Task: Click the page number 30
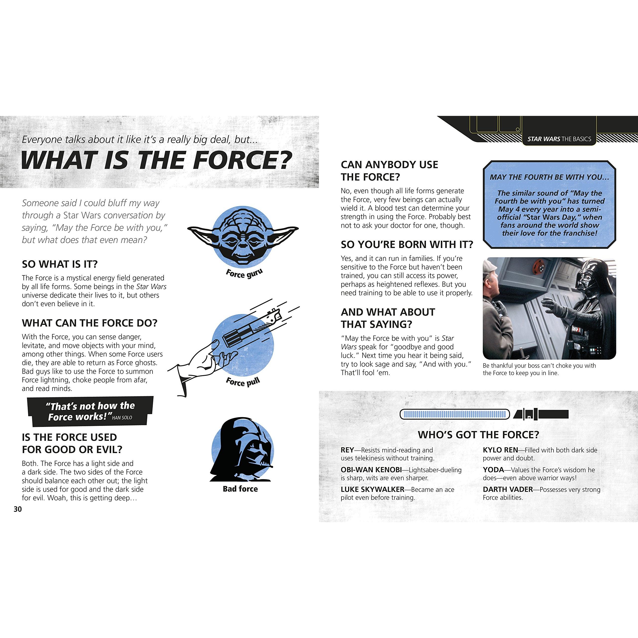point(18,509)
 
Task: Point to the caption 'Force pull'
point(243,382)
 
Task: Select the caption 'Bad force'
point(240,489)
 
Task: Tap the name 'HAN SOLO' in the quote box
point(122,418)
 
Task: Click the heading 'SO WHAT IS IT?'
point(60,264)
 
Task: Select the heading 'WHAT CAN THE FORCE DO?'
point(90,323)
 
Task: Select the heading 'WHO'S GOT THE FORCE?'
point(478,435)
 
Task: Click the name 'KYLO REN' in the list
point(500,450)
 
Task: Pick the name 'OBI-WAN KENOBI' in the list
point(371,470)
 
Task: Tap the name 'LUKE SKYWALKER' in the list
point(373,489)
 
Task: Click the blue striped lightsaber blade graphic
point(455,414)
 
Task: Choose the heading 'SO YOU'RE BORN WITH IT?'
point(407,244)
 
